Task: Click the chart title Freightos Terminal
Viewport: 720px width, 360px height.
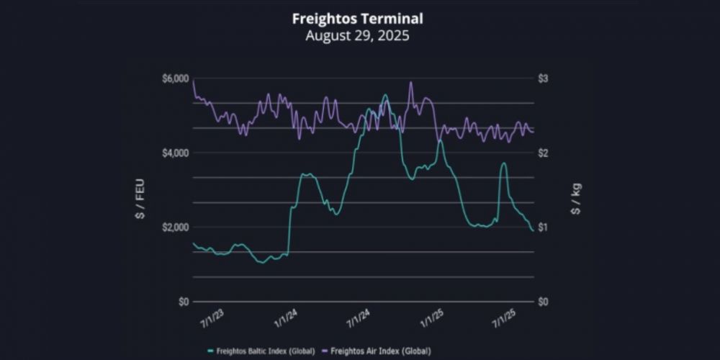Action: tap(357, 18)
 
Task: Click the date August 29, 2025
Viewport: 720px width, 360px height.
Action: tap(357, 35)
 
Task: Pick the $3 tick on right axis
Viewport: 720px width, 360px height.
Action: tap(545, 78)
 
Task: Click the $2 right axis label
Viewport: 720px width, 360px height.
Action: tap(545, 153)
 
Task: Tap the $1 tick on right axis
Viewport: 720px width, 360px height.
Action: tap(545, 228)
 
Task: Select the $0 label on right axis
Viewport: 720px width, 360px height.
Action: tap(545, 302)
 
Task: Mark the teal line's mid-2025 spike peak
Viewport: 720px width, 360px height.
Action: tap(503, 163)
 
